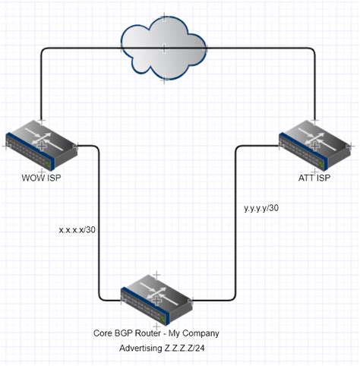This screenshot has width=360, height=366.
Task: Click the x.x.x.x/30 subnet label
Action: tap(77, 228)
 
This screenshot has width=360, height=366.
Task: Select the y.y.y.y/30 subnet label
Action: tap(261, 207)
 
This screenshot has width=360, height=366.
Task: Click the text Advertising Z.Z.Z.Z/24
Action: tap(163, 349)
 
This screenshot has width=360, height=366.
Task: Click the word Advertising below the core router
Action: tap(141, 349)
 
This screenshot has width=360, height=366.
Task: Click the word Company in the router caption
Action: tap(201, 333)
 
